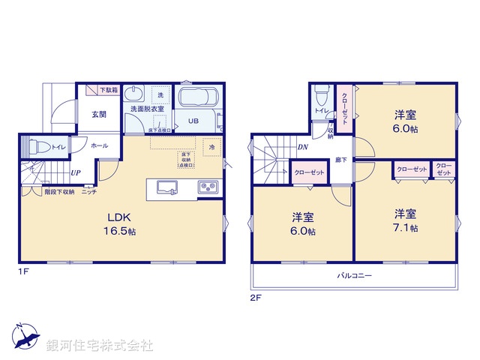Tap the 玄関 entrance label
(99, 114)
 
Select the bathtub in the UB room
(197, 100)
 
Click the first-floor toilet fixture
(41, 147)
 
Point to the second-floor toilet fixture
(322, 96)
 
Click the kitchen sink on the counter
(166, 187)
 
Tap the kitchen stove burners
(207, 187)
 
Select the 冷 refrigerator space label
(212, 148)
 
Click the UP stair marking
(76, 174)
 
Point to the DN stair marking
(302, 148)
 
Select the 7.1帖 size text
(406, 228)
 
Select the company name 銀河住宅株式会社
(100, 346)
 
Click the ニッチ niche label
(89, 192)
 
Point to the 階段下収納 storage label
(58, 192)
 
